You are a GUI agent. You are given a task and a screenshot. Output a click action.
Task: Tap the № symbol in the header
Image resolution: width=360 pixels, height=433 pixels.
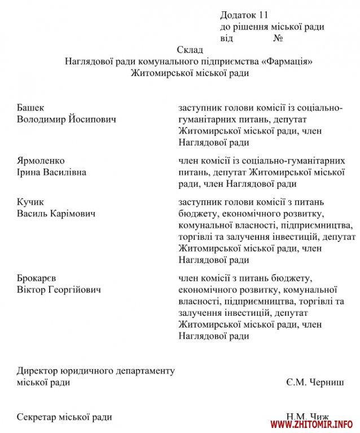pyautogui.click(x=278, y=38)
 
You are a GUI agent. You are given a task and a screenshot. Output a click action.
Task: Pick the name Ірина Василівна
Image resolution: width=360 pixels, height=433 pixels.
pyautogui.click(x=51, y=172)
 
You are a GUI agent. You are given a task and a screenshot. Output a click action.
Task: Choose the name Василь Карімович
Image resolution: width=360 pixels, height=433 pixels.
pyautogui.click(x=56, y=214)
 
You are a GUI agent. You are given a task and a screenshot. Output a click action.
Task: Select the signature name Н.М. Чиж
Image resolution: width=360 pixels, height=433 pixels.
pyautogui.click(x=308, y=417)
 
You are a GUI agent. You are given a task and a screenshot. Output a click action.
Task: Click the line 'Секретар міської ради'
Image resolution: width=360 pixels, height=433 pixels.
pyautogui.click(x=64, y=417)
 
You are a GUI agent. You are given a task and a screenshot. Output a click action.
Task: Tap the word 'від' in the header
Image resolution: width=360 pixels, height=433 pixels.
pyautogui.click(x=226, y=38)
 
